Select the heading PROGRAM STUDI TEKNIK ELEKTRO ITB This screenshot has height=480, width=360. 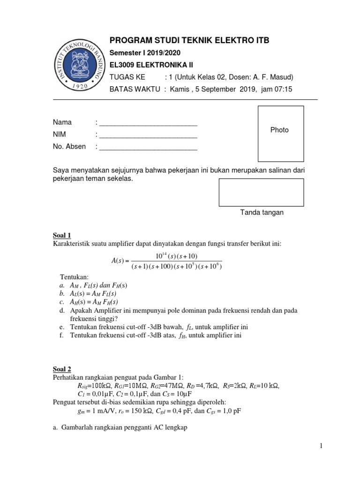click(189, 40)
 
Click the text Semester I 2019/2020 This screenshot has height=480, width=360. click(144, 52)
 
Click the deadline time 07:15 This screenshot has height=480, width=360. click(283, 89)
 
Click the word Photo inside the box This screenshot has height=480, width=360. click(279, 130)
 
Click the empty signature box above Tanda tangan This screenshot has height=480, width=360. click(261, 192)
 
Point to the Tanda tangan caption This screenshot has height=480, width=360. click(262, 212)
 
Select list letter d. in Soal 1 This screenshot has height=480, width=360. click(62, 311)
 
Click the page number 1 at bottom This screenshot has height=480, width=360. click(322, 446)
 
